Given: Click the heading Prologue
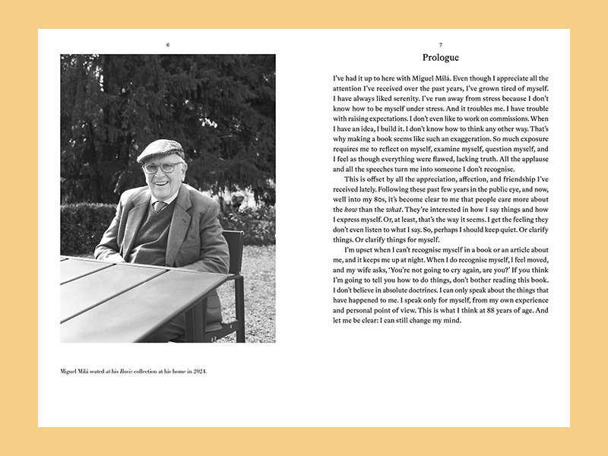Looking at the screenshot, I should pyautogui.click(x=441, y=57).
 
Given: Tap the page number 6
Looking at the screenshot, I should pyautogui.click(x=168, y=45).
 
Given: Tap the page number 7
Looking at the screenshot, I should pyautogui.click(x=441, y=45).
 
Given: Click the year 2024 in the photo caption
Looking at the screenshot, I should pyautogui.click(x=198, y=372).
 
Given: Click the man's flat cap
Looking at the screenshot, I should pyautogui.click(x=160, y=149).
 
